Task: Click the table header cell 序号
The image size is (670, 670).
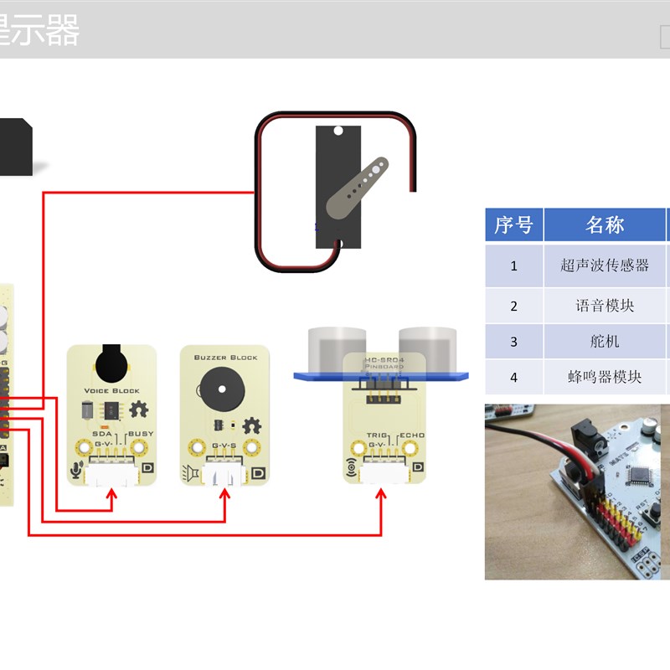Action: point(513,225)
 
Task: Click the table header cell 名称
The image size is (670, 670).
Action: point(605,225)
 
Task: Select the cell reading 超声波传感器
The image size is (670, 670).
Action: point(605,265)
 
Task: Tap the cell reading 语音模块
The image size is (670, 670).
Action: point(605,306)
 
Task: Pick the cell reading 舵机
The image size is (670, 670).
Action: point(605,342)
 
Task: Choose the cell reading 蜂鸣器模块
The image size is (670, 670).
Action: point(605,377)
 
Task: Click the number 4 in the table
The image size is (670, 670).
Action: point(514,377)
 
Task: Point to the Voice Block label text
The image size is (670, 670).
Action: point(111,391)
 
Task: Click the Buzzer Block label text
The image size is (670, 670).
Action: point(225,358)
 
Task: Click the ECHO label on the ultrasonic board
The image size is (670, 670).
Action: point(412,435)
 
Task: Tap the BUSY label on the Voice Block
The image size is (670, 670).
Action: point(141,434)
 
